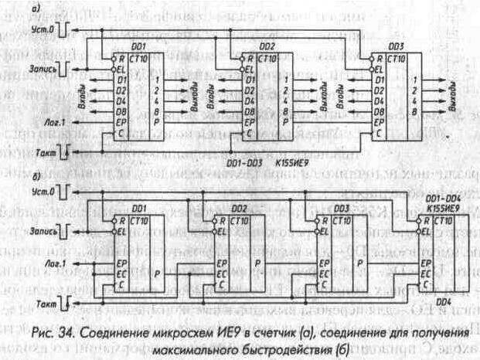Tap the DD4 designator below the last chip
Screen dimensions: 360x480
pos(443,302)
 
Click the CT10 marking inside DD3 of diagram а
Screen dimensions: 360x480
pos(396,58)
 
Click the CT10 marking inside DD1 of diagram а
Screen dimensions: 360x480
pos(142,58)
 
